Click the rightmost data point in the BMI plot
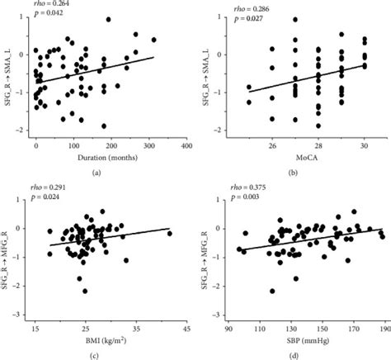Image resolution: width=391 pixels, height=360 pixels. (x=170, y=234)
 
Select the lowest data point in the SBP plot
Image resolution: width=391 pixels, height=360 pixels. (x=272, y=291)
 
